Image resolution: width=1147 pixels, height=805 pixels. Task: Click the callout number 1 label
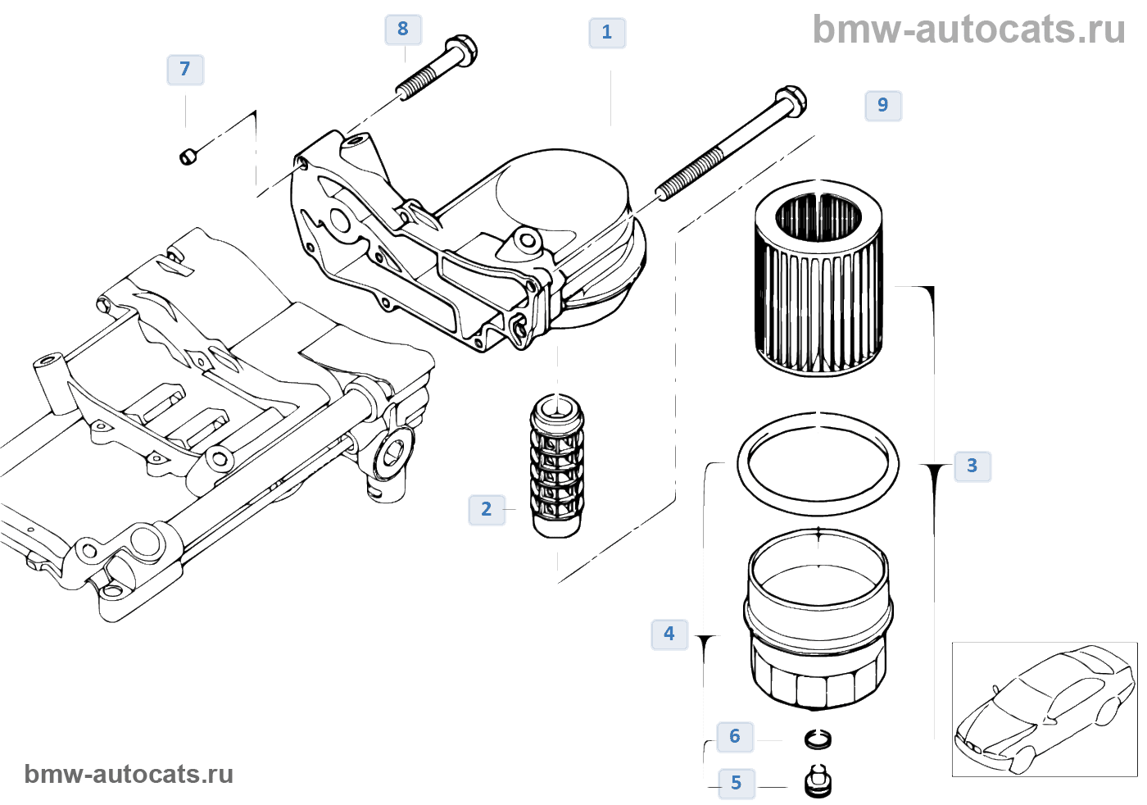coord(607,33)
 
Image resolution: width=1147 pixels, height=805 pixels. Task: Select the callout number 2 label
coord(487,509)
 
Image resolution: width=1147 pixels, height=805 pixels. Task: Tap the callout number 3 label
coord(972,466)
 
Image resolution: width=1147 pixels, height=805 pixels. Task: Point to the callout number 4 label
coord(669,634)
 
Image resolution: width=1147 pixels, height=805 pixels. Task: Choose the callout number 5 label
coord(737,783)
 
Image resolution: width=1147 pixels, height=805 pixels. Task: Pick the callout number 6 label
coord(735,736)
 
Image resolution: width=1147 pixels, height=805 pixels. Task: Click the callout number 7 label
coord(185,69)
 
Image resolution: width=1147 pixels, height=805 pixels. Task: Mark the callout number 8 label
coord(403,29)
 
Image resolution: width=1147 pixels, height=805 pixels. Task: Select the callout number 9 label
coord(883,105)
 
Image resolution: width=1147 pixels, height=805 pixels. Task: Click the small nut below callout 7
coord(188,155)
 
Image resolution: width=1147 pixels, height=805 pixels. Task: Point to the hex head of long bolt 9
coord(790,102)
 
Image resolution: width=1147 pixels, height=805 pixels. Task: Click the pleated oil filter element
coord(818,279)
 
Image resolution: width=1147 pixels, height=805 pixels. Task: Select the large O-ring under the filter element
coord(818,464)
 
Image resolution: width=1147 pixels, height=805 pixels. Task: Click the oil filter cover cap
coord(818,619)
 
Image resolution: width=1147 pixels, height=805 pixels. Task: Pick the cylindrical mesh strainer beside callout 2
coord(557,466)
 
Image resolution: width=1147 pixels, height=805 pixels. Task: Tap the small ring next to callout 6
coord(818,739)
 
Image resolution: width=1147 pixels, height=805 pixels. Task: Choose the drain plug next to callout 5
coord(818,780)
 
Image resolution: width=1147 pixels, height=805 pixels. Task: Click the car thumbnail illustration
coord(1044,709)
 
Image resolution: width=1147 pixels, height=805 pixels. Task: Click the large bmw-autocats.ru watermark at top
coord(968,30)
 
